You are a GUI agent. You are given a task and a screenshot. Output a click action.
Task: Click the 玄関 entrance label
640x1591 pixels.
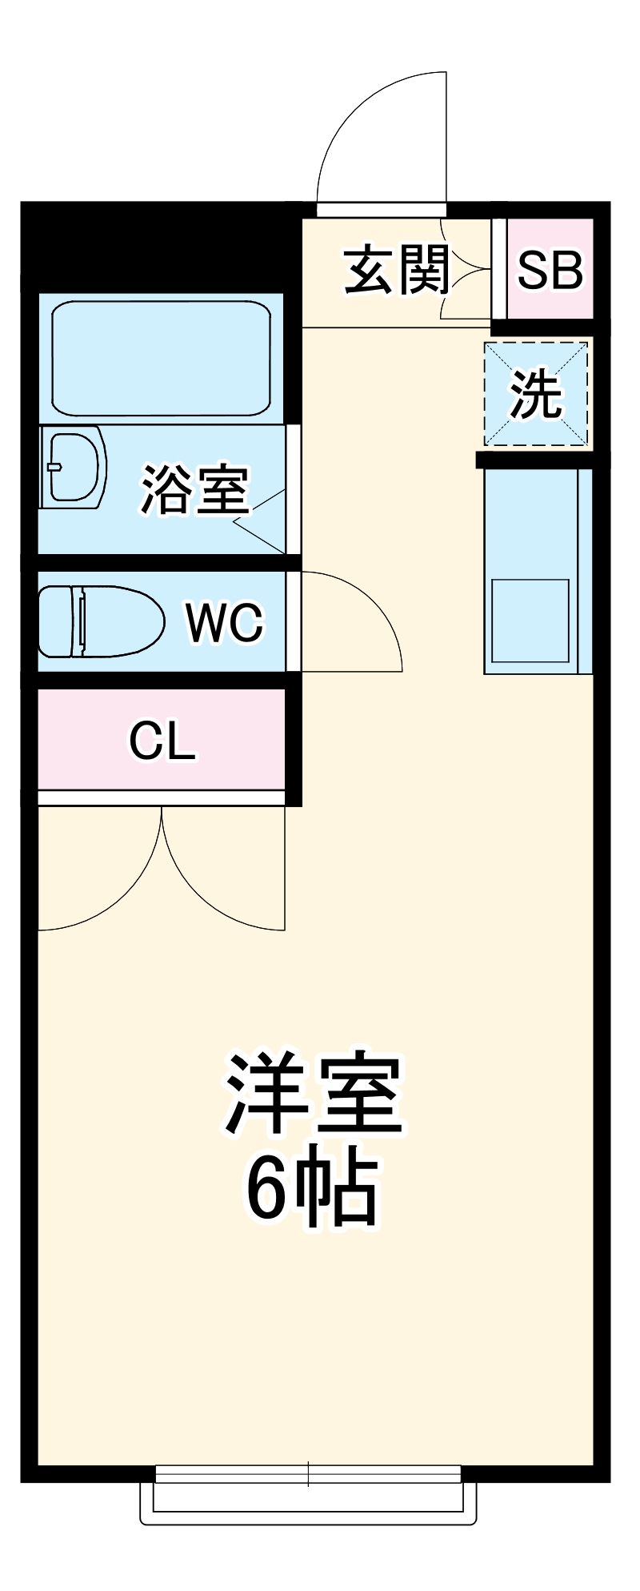tap(397, 270)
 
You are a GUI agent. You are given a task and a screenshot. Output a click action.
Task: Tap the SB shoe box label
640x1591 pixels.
tap(550, 270)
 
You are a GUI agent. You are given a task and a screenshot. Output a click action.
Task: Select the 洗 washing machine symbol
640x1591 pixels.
tap(536, 394)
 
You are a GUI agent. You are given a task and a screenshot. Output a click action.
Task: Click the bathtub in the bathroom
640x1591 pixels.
tap(161, 358)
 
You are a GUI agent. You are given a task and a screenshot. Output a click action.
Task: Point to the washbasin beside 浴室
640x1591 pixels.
tap(74, 468)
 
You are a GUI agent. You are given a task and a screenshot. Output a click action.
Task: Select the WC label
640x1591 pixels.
tap(225, 621)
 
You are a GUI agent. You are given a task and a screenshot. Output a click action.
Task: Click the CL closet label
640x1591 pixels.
tap(162, 741)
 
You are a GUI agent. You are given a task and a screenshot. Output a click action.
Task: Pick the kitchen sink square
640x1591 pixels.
tap(530, 621)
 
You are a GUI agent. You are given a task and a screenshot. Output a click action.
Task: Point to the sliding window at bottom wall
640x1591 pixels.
tap(308, 1474)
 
